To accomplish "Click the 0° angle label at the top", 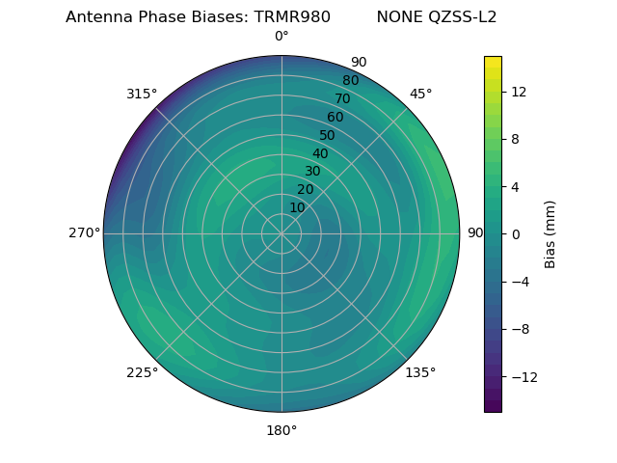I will pos(282,37).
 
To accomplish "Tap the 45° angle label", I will pos(420,94).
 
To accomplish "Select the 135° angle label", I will pos(420,372).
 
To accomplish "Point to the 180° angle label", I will pos(282,430).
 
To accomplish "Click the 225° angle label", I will pos(142,372).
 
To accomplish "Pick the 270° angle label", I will pos(84,233).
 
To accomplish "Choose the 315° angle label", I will pos(142,94).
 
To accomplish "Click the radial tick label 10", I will pos(298,207).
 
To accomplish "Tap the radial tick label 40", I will pos(320,153).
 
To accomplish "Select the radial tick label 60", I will pos(335,118).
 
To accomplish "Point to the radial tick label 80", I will pos(350,81).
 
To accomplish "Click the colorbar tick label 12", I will pos(518,92).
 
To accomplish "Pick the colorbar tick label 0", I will pos(514,234).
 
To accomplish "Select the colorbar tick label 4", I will pos(514,187).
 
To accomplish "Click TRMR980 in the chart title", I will pos(292,17).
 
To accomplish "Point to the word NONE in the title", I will pos(397,17).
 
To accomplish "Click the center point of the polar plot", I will pos(282,233).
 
